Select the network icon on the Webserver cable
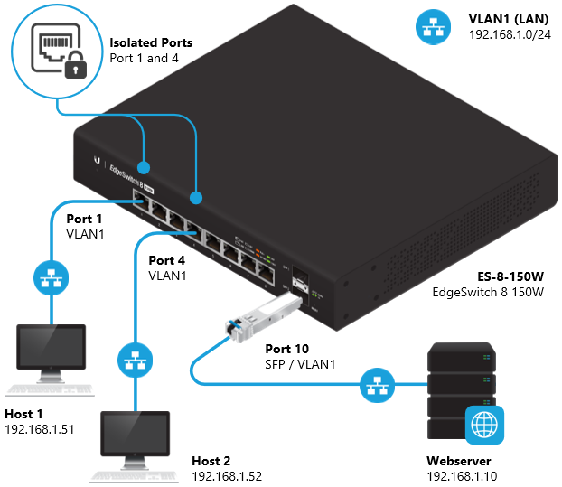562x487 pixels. click(x=374, y=385)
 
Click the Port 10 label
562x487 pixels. click(x=286, y=349)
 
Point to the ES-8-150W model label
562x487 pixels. click(x=510, y=276)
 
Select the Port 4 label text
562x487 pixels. click(x=167, y=260)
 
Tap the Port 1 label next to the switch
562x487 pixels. click(x=85, y=218)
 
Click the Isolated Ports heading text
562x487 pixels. click(x=151, y=42)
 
